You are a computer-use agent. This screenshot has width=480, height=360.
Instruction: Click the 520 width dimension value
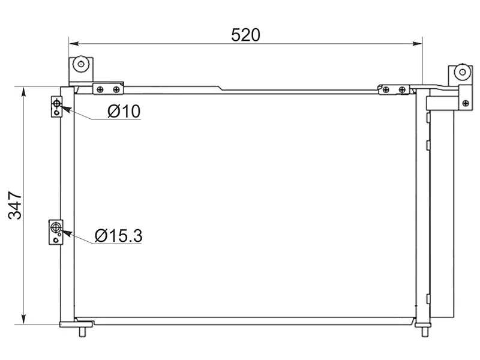point(246,35)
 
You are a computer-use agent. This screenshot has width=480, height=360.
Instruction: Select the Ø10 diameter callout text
point(124,111)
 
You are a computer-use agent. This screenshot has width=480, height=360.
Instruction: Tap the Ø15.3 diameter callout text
point(119,236)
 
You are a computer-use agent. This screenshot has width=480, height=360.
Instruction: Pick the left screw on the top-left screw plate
point(100,89)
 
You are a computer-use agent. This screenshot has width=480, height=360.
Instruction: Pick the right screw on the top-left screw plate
point(115,89)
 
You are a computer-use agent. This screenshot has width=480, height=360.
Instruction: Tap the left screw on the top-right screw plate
point(386,89)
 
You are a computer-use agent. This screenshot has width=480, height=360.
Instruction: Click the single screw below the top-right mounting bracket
point(464,103)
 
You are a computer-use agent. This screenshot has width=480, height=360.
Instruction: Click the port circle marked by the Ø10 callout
point(56,104)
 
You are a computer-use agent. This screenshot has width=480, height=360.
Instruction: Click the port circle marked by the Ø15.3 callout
point(56,227)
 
